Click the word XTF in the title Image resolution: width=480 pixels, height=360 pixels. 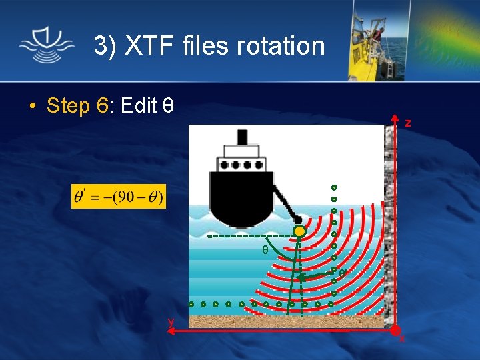153,46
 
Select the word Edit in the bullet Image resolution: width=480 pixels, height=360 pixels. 139,105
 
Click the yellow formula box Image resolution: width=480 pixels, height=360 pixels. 119,197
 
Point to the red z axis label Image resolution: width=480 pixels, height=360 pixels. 407,123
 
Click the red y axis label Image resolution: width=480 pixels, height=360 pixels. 171,321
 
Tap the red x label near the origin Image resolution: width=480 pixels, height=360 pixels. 402,339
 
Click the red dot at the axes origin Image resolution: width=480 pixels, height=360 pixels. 395,329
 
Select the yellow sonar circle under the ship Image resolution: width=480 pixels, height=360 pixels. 300,231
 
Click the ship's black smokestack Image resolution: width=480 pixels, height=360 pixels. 242,137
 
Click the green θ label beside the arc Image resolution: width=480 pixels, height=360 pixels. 265,250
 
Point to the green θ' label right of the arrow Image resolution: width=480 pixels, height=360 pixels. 341,273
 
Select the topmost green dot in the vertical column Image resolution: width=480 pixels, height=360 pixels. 334,187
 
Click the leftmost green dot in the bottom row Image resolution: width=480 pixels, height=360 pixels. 191,304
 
